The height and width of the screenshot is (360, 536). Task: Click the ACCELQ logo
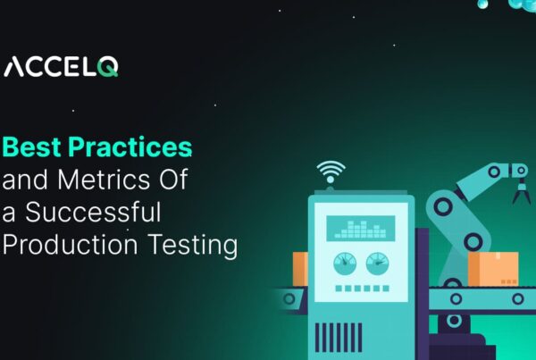pos(62,67)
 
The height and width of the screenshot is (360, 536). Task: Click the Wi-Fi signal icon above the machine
pos(331,172)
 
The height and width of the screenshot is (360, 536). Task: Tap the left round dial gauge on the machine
pos(344,263)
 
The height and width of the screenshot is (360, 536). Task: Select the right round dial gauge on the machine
pos(376,263)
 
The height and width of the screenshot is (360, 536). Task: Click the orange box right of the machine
pos(492,268)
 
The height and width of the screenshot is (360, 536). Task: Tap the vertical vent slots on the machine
pos(339,336)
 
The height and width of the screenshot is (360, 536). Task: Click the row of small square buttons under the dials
pos(360,289)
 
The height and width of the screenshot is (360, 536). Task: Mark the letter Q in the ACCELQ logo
pos(107,67)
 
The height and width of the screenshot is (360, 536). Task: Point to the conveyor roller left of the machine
pos(288,297)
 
